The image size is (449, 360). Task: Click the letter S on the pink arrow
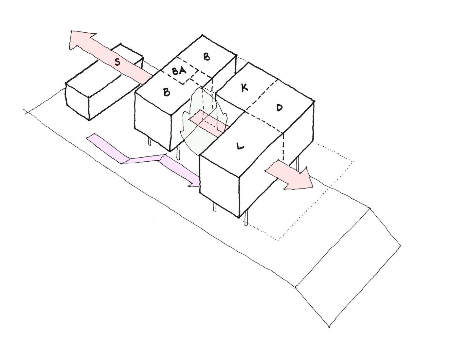(118, 62)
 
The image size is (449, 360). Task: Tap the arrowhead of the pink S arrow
(81, 40)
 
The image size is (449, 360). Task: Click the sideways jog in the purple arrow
(144, 159)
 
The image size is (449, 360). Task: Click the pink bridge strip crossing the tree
(209, 123)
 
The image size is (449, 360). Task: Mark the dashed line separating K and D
(261, 95)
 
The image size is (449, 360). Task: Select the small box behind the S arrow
(127, 57)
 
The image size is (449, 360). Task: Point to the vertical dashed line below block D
(283, 146)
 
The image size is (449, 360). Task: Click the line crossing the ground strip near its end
(332, 247)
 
